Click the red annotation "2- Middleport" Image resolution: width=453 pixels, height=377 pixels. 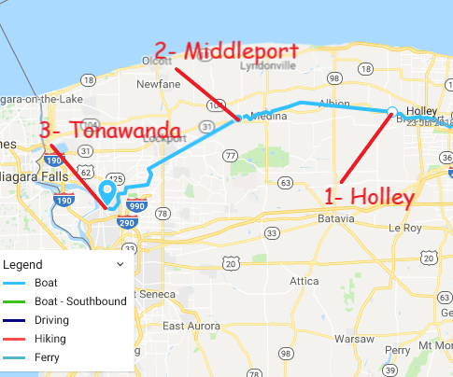coord(226,51)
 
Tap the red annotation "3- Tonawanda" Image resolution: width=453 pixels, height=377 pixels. coord(110,133)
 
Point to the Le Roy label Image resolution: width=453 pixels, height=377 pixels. coord(407,226)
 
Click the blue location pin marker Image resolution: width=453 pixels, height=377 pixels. coord(107,192)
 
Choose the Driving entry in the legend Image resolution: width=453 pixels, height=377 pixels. coord(51,320)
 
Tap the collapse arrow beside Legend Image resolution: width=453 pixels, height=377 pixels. coord(120,265)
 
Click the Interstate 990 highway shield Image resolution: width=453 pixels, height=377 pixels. coord(136,205)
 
